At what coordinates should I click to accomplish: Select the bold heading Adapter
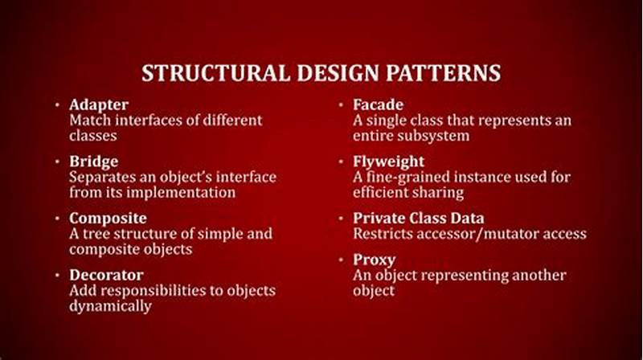(x=99, y=104)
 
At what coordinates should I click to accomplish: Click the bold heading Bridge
(x=94, y=162)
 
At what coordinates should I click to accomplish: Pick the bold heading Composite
(x=108, y=218)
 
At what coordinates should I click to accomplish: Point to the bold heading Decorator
(x=106, y=275)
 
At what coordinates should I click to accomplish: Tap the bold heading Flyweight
(x=389, y=162)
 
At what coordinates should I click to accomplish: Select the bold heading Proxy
(x=373, y=260)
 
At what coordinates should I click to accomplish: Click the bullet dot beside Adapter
(x=58, y=105)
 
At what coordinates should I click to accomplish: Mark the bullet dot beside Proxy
(x=342, y=260)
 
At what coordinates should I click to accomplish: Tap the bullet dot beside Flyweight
(x=342, y=162)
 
